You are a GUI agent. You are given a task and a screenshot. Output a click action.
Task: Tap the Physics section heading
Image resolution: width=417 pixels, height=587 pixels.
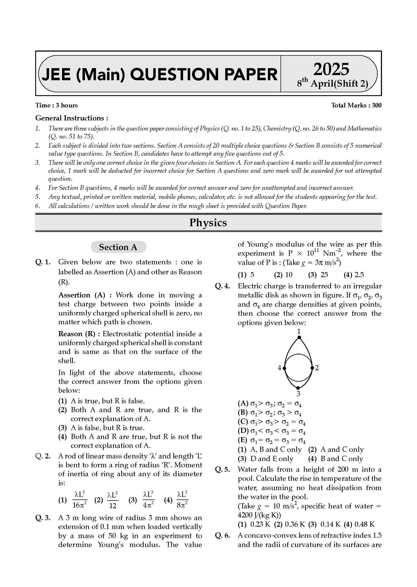pyautogui.click(x=208, y=223)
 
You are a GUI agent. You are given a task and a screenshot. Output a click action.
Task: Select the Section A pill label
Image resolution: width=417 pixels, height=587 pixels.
pyautogui.click(x=118, y=247)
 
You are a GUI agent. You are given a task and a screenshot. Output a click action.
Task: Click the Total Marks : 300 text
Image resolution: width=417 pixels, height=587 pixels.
pyautogui.click(x=356, y=105)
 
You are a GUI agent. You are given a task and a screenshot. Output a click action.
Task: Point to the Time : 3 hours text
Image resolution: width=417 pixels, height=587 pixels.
pyautogui.click(x=56, y=105)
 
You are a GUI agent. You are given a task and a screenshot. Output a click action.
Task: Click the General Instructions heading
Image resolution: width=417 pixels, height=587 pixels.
pyautogui.click(x=72, y=118)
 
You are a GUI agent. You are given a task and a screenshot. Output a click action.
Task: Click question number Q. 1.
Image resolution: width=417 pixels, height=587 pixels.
pyautogui.click(x=43, y=262)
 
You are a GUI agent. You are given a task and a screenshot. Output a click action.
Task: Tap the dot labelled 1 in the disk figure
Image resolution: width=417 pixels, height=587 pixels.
pyautogui.click(x=299, y=337)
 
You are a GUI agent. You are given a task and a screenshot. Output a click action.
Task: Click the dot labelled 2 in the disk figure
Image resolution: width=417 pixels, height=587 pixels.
pyautogui.click(x=312, y=368)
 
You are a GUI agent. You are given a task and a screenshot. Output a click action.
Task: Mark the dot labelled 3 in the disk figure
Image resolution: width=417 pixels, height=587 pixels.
pyautogui.click(x=298, y=388)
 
